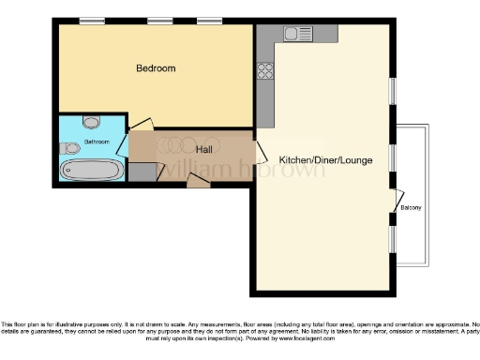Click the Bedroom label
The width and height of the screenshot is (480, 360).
(x=156, y=68)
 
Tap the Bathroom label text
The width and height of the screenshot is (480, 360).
(x=97, y=142)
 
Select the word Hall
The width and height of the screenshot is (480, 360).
(x=203, y=149)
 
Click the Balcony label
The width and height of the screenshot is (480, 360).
(x=411, y=207)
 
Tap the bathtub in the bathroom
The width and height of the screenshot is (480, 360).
(x=91, y=170)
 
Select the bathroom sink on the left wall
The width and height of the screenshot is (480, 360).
(x=68, y=147)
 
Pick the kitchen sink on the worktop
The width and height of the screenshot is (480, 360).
(x=300, y=35)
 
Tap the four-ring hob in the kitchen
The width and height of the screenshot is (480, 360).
(x=265, y=69)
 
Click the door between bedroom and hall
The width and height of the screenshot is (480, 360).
(x=141, y=125)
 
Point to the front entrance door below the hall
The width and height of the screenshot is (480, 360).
(x=199, y=181)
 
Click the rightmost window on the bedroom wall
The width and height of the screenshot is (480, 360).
(x=209, y=20)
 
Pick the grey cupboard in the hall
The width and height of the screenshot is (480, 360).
(x=141, y=172)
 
